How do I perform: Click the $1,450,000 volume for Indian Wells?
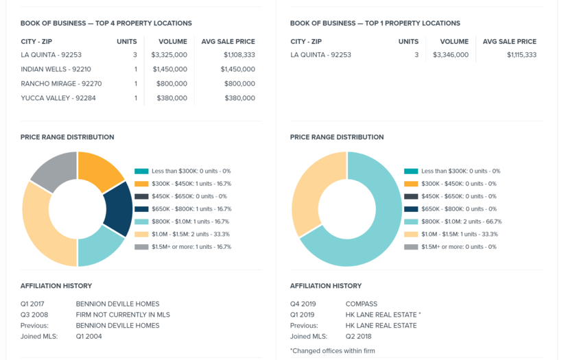(169, 69)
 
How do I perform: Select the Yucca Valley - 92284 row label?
(58, 98)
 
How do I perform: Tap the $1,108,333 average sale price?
(239, 55)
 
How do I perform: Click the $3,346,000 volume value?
(451, 55)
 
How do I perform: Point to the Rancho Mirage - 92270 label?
(61, 84)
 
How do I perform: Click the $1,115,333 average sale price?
(521, 55)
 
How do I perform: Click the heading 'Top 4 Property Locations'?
(106, 23)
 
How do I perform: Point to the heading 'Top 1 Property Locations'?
(375, 23)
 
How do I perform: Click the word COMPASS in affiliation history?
(361, 304)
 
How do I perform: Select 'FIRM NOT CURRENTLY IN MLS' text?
(123, 315)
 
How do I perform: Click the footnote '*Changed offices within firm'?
(332, 351)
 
